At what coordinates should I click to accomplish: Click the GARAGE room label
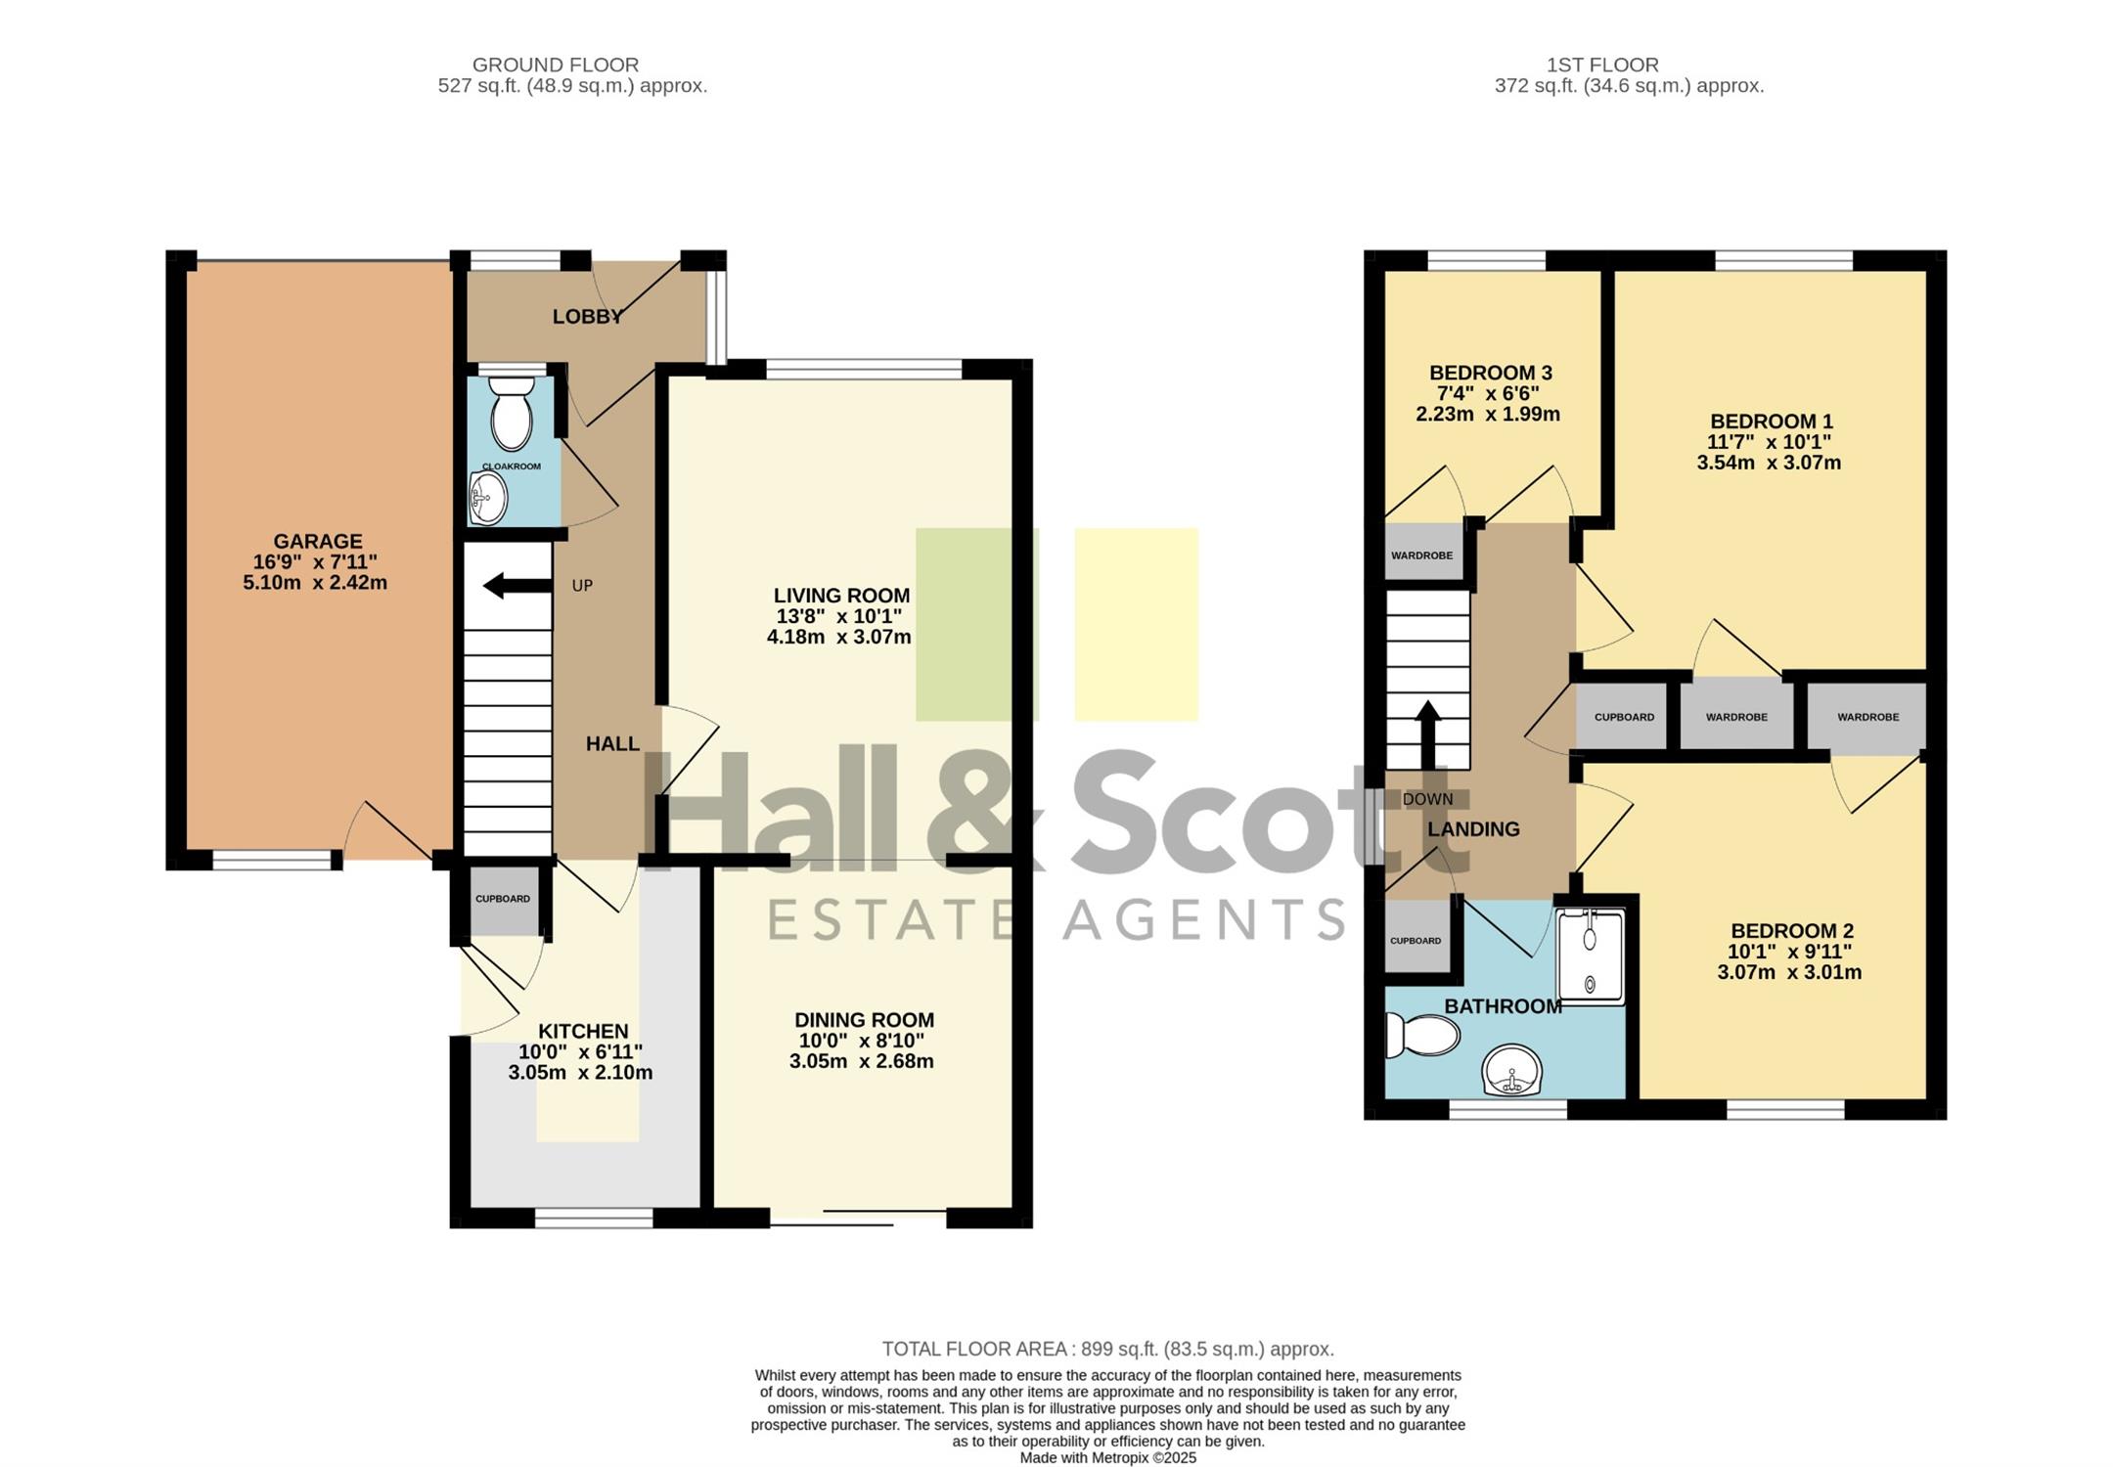click(318, 541)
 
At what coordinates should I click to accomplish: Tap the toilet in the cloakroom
click(510, 413)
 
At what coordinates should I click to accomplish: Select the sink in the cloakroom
click(488, 498)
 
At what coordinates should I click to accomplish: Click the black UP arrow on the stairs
click(517, 586)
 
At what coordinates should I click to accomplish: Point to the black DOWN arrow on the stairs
click(1428, 734)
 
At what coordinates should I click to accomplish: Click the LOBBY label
click(587, 316)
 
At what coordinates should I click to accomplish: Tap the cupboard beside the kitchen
click(504, 900)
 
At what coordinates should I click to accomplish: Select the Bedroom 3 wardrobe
click(1422, 555)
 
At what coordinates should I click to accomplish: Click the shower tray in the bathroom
click(1591, 956)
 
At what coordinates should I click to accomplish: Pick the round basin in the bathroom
click(1512, 1071)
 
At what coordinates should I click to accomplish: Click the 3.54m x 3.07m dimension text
click(1769, 463)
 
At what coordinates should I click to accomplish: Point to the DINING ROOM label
click(864, 1019)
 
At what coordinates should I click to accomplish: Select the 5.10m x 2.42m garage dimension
click(315, 583)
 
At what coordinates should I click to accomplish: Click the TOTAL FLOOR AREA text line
click(1108, 1350)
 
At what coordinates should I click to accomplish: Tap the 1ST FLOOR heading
click(1602, 65)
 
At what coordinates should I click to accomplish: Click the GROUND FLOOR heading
click(556, 65)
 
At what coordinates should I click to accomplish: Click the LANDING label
click(1473, 829)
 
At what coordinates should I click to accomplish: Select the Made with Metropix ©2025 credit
click(1108, 1457)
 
